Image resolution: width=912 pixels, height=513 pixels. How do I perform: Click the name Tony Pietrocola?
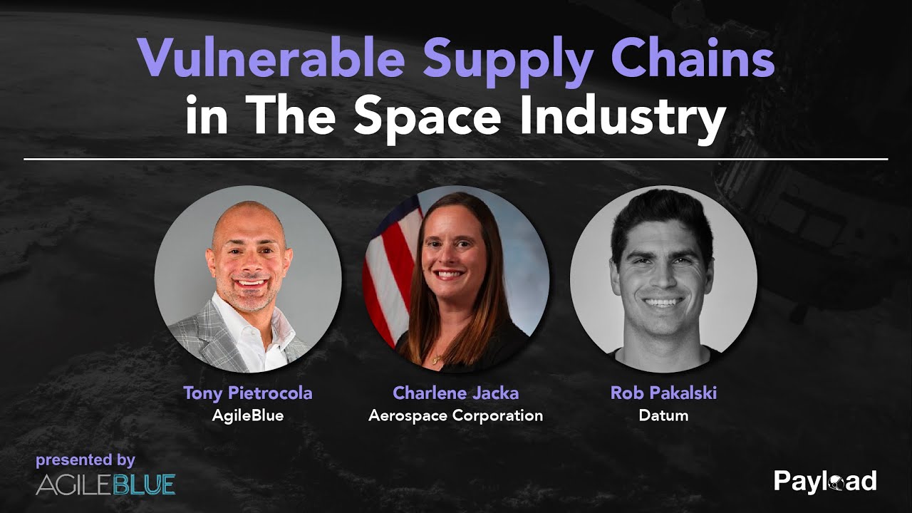[248, 393]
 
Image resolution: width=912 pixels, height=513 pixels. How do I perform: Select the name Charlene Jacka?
[455, 393]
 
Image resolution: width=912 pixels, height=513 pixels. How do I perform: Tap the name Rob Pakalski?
[663, 393]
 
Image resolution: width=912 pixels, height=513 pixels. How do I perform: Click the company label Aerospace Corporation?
[455, 415]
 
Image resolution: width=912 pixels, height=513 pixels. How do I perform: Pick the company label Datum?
[663, 415]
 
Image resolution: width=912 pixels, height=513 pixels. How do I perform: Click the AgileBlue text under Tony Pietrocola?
[248, 415]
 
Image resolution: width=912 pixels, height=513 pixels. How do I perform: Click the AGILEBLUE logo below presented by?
[105, 484]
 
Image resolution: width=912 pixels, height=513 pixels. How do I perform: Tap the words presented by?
[85, 460]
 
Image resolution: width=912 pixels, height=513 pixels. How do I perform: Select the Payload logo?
[825, 482]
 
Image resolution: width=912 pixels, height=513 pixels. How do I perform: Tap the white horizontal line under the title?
[456, 159]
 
